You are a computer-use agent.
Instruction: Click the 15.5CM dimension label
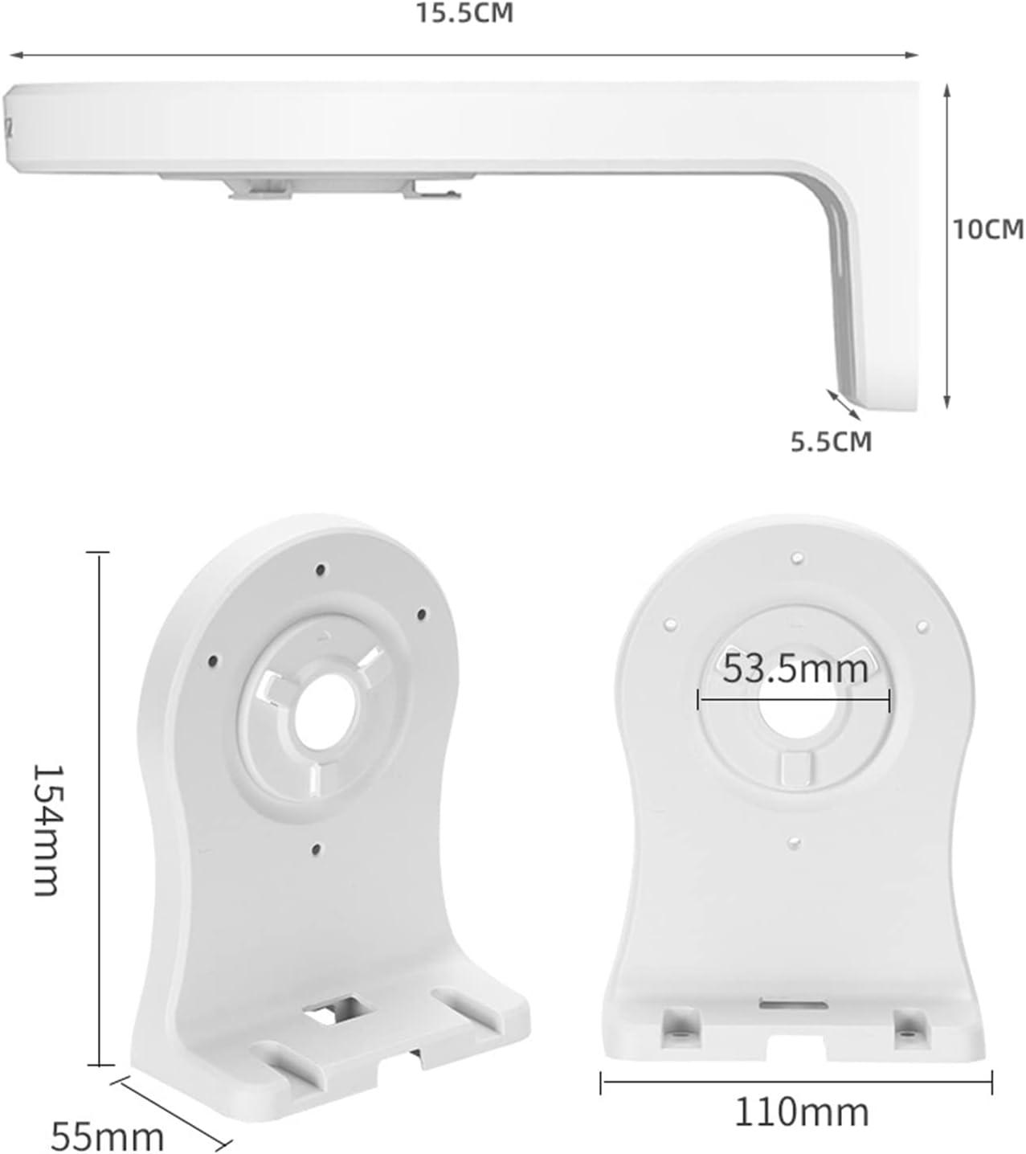tap(464, 13)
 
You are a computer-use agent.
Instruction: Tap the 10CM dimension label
tap(987, 229)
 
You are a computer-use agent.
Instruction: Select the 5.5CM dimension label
tap(831, 441)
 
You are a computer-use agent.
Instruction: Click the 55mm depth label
tap(107, 1136)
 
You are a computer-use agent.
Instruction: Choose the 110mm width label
tap(801, 1112)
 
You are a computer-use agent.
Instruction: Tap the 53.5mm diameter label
tap(795, 669)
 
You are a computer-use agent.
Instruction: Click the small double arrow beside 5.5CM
tap(843, 403)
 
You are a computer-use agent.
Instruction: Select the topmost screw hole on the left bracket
tap(321, 570)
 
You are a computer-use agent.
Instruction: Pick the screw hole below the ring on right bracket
tap(794, 841)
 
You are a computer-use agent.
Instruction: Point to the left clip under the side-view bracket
tap(259, 189)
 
